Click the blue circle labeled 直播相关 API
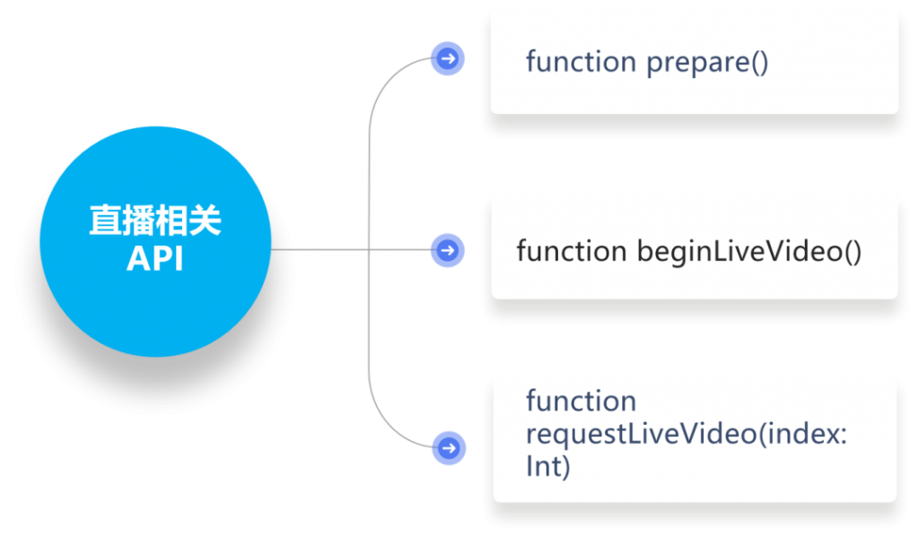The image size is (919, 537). pyautogui.click(x=155, y=241)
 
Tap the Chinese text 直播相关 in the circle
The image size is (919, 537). pyautogui.click(x=155, y=221)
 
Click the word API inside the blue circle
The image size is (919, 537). pyautogui.click(x=155, y=258)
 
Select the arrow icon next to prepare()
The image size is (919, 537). pyautogui.click(x=448, y=58)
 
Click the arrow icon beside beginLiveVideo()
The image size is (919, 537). pyautogui.click(x=448, y=251)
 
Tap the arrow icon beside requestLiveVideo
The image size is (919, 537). pyautogui.click(x=449, y=448)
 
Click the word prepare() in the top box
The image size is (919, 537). pyautogui.click(x=707, y=63)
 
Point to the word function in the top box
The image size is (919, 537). pyautogui.click(x=581, y=61)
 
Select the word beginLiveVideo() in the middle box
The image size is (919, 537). pyautogui.click(x=749, y=252)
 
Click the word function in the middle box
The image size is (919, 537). pyautogui.click(x=572, y=251)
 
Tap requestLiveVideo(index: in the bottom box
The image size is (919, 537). pyautogui.click(x=687, y=434)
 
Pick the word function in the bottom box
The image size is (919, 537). pyautogui.click(x=581, y=401)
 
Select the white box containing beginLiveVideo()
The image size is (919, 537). pyautogui.click(x=695, y=251)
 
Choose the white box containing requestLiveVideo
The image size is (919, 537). pyautogui.click(x=696, y=439)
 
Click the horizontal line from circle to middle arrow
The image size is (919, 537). pyautogui.click(x=351, y=249)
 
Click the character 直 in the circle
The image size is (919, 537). pyautogui.click(x=105, y=221)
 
